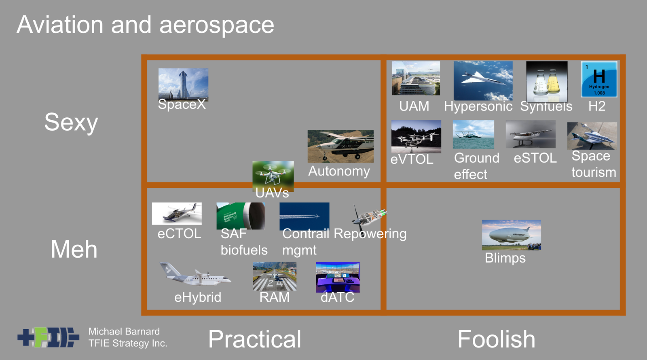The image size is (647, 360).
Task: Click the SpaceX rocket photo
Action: point(183,85)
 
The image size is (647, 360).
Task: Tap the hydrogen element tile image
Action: point(599,79)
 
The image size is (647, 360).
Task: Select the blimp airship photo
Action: point(511,235)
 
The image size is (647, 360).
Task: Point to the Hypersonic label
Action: point(478,106)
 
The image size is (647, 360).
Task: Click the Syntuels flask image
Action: point(547,81)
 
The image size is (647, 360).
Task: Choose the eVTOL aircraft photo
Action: point(416,136)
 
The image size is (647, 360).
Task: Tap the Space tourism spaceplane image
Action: point(592,136)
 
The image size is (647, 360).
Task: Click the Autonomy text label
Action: point(339,171)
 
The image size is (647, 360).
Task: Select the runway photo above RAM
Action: point(275,276)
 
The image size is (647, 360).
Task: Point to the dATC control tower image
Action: point(338,277)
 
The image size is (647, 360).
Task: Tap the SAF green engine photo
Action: point(241,216)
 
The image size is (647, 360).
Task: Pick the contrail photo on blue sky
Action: point(304,216)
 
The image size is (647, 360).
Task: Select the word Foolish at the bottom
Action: point(496,339)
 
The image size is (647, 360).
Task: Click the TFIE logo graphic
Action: point(48,337)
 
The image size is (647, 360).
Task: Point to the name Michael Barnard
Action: point(124,331)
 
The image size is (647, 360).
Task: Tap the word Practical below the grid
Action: point(254,339)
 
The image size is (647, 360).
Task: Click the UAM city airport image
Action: point(416,78)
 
